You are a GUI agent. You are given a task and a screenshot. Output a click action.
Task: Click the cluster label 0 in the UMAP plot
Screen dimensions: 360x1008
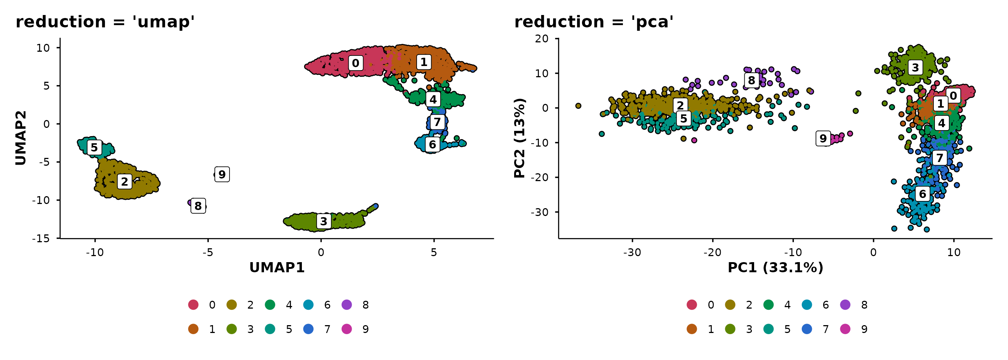[x=355, y=63]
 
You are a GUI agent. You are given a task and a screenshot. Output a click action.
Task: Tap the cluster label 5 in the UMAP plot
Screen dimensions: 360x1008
[x=94, y=147]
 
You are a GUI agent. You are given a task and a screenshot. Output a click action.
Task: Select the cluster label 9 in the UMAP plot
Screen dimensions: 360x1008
[x=222, y=174]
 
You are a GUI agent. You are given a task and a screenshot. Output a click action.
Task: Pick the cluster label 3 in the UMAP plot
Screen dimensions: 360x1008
[x=324, y=222]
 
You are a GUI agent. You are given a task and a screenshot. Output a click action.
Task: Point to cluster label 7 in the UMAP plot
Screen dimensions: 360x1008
[x=437, y=122]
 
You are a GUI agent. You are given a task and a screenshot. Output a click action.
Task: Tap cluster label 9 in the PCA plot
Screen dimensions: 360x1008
[x=823, y=138]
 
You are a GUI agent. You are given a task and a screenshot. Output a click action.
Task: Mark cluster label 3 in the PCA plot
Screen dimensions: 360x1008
[x=915, y=68]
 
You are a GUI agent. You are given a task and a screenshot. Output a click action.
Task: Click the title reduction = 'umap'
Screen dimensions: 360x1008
[x=105, y=22]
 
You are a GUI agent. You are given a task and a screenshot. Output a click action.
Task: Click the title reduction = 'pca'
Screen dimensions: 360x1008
[x=594, y=22]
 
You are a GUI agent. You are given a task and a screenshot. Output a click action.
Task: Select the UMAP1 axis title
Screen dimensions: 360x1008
[x=277, y=268]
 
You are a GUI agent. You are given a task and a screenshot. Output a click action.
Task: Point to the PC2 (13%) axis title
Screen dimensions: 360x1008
[x=519, y=138]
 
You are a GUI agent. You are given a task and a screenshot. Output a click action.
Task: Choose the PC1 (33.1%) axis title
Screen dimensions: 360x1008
[x=775, y=268]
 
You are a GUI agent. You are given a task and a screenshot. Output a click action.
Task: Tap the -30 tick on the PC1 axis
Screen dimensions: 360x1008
[x=632, y=252]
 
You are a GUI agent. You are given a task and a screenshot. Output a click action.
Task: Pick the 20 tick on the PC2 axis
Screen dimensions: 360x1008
[x=542, y=39]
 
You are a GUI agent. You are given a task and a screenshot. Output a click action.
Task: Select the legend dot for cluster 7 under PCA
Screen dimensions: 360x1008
[x=807, y=329]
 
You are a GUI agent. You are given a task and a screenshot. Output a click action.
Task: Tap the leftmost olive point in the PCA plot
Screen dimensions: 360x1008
[x=578, y=106]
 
